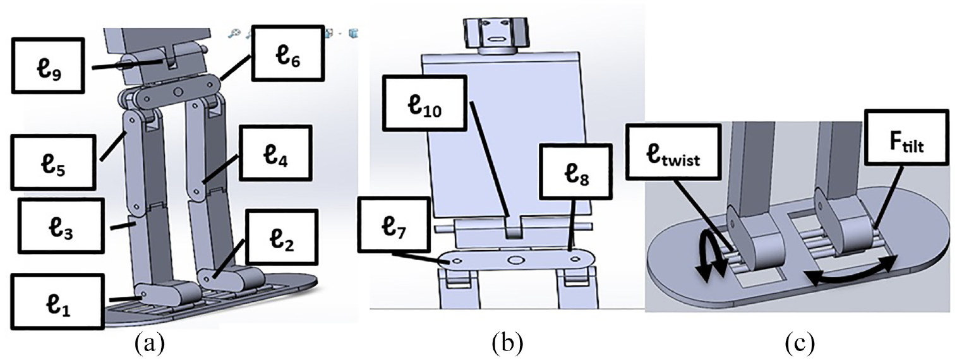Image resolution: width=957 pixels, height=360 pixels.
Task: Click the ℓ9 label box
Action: click(48, 65)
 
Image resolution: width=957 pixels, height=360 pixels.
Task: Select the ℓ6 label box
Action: click(287, 54)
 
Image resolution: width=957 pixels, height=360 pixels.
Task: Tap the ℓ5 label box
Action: click(54, 162)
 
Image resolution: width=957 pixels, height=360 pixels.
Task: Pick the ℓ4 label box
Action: click(275, 152)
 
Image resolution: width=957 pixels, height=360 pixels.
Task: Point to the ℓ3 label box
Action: click(61, 226)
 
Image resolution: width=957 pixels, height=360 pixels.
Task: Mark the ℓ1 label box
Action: click(57, 301)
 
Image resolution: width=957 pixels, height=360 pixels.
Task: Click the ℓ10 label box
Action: click(423, 103)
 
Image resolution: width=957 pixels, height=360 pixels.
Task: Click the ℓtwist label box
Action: click(674, 151)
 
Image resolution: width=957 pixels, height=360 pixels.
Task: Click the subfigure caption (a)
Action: click(149, 344)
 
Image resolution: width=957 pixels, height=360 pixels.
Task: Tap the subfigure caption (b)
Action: click(507, 344)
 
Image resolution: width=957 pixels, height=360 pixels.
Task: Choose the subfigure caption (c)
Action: click(799, 344)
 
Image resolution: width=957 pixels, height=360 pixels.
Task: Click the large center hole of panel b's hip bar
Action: click(515, 260)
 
